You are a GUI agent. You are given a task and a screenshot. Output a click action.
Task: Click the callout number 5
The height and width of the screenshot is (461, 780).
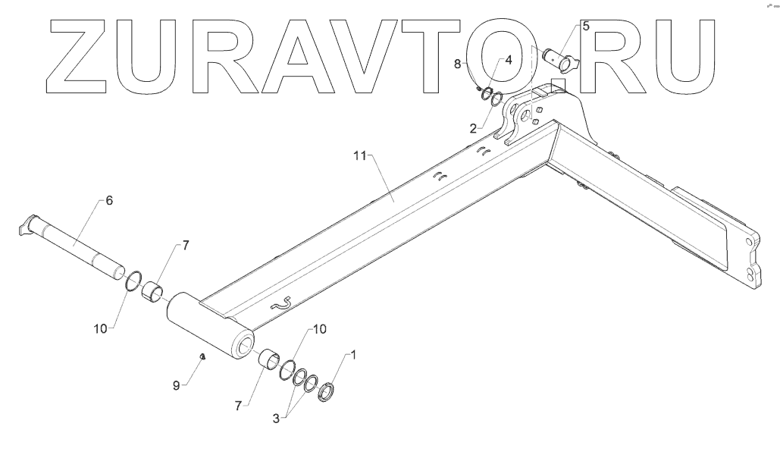pos(584,26)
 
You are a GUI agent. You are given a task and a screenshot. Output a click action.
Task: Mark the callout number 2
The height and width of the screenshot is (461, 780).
pos(473,128)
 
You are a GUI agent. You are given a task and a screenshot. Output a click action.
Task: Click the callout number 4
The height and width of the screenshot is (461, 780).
pos(509,58)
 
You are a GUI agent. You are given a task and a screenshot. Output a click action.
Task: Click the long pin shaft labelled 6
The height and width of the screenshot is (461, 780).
pos(76,243)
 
